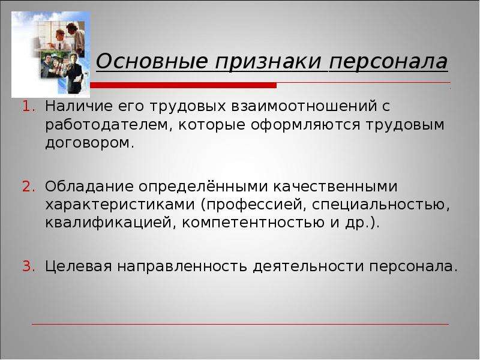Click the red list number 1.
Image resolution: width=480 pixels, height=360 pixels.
coord(28,107)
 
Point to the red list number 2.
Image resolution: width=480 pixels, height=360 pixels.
coord(28,187)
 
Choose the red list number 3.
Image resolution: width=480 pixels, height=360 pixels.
coord(28,266)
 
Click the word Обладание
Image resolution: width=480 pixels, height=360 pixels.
coord(89,186)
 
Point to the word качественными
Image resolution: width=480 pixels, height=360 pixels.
coord(335,187)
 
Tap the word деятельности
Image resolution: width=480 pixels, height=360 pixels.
coord(309,266)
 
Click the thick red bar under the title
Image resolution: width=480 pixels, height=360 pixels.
coord(184,85)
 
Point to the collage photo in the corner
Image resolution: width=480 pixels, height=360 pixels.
coord(51,55)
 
